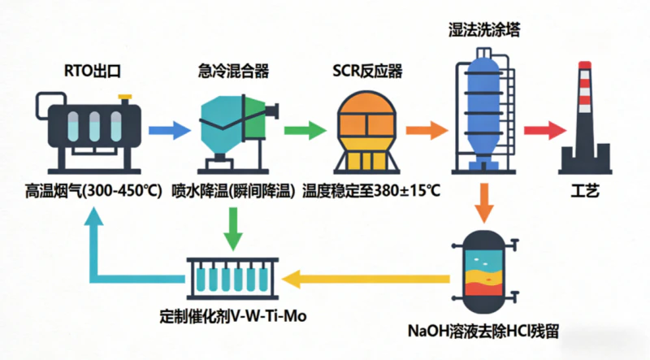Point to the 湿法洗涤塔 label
click(x=484, y=30)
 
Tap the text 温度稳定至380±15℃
click(x=370, y=192)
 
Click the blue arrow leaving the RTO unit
click(x=167, y=129)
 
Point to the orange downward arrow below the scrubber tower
click(x=485, y=203)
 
